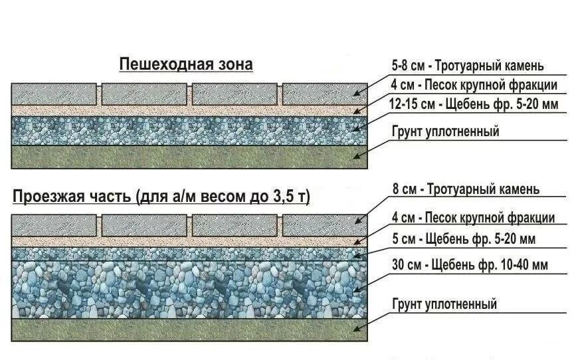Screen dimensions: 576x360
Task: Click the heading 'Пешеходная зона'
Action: [x=186, y=64]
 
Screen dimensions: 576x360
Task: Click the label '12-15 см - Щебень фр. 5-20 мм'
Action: [x=474, y=104]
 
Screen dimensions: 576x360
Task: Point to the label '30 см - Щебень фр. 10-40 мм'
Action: [x=470, y=265]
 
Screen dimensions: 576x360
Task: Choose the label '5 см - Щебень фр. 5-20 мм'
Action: [x=464, y=239]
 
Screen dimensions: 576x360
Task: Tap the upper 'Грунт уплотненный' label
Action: [x=445, y=132]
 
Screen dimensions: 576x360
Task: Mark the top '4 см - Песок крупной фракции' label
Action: [x=474, y=85]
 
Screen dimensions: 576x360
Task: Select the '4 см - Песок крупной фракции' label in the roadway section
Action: [x=472, y=217]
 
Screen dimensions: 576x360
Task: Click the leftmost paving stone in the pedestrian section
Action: [x=55, y=94]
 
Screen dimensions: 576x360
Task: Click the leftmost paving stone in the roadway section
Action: [x=55, y=225]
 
